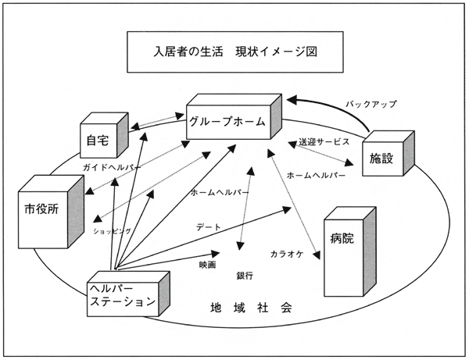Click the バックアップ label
[372, 103]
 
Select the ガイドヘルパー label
[109, 168]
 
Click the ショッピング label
[112, 231]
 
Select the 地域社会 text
[251, 307]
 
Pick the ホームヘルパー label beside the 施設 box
[317, 176]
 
